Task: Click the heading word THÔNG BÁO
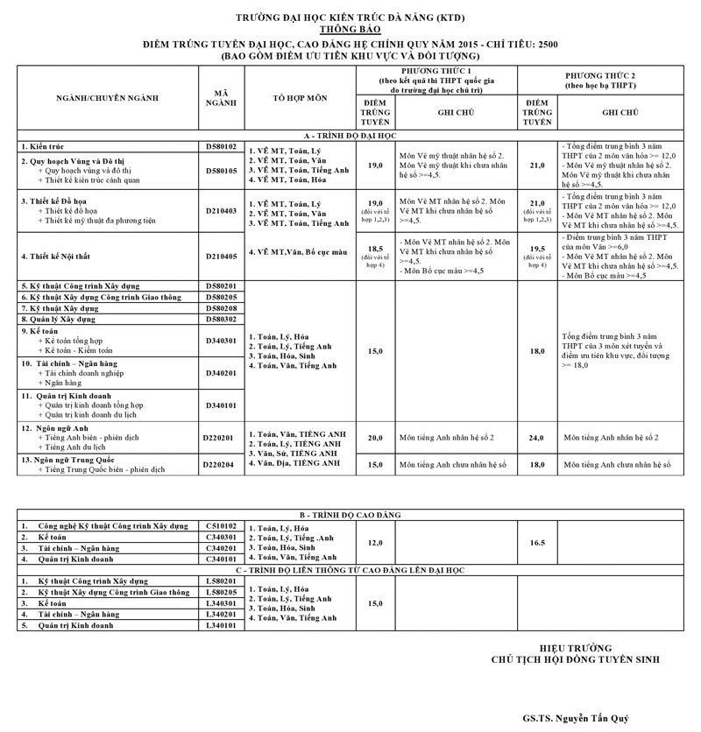350,30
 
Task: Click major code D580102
221,146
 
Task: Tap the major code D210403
221,211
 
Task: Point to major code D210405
221,257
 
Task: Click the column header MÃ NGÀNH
221,98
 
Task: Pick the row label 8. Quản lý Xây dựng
65,320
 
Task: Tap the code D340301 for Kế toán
221,341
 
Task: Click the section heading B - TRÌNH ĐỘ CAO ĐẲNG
350,517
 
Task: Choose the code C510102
221,526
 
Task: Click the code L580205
221,593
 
